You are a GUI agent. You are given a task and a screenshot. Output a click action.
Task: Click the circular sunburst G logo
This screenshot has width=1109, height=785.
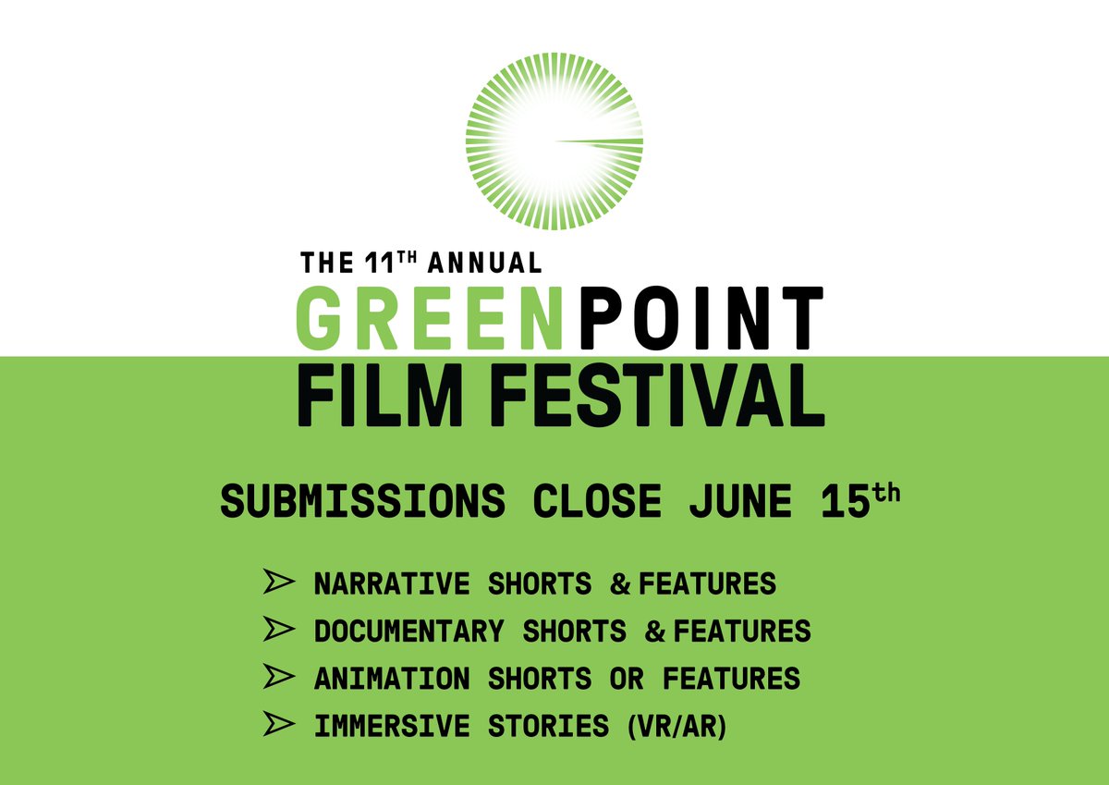click(x=554, y=141)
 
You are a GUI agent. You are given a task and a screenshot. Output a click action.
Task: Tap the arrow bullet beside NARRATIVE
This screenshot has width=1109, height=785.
click(x=278, y=584)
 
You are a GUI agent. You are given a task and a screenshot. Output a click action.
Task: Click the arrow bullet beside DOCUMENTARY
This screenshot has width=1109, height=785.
click(x=278, y=631)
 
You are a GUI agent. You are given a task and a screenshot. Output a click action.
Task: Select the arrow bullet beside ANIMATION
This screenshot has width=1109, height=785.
click(x=278, y=678)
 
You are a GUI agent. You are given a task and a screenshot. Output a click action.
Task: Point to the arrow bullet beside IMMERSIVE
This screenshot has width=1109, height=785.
click(x=278, y=725)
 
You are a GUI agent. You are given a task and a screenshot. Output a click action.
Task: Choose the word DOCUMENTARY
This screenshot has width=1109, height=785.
click(x=408, y=632)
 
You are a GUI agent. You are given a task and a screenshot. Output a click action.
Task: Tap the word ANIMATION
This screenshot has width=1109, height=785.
click(x=392, y=679)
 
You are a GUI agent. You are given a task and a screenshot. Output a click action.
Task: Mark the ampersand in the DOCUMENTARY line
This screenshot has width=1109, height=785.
click(x=655, y=632)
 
